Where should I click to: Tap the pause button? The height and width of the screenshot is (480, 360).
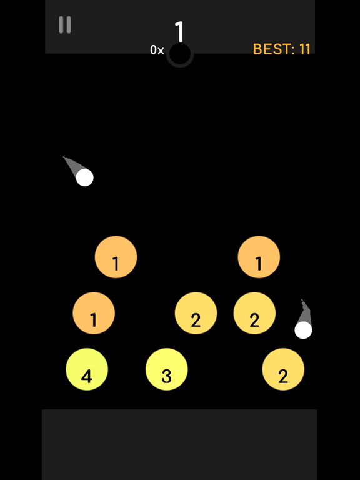point(64,25)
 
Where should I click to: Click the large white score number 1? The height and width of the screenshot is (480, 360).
point(180,31)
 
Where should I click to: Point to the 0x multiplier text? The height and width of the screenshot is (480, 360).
point(157,50)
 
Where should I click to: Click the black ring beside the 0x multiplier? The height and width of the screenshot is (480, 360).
point(180,54)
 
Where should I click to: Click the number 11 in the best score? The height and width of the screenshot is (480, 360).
point(304,49)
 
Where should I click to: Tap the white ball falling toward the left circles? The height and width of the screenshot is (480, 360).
point(84,177)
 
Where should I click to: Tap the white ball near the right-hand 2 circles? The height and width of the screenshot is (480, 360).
point(303,330)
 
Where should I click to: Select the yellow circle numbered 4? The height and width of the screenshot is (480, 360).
point(87,369)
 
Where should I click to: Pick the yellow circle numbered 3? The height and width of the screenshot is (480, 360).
point(167,369)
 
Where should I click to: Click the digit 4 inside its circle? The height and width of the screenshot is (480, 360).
point(87,376)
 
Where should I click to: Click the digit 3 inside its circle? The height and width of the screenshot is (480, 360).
point(166,376)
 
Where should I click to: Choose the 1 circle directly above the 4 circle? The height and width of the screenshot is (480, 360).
point(94,313)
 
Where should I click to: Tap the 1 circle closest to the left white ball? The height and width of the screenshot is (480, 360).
point(116,257)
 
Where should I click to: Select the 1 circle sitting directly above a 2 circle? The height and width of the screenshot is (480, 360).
point(259,257)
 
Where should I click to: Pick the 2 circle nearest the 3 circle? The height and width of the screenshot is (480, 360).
point(196,313)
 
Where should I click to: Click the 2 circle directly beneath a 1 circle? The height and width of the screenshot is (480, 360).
point(254,313)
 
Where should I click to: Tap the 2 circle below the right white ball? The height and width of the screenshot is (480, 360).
point(283,369)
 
